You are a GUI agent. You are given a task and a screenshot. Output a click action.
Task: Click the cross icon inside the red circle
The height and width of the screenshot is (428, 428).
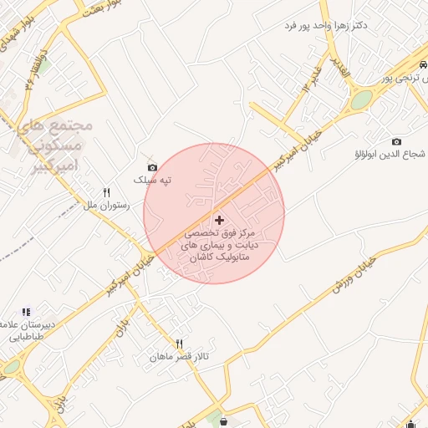tap(219, 220)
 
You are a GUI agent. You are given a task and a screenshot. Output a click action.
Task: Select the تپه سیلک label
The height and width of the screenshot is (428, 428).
tap(155, 181)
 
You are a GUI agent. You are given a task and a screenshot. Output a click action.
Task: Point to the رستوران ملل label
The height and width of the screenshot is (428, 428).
tap(104, 204)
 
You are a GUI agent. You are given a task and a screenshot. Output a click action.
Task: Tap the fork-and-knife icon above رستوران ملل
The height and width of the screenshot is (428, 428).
tap(106, 192)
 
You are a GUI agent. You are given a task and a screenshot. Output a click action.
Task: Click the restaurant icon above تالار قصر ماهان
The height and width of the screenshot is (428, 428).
tap(179, 344)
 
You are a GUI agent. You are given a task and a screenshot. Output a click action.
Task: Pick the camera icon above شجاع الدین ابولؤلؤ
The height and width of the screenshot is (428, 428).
tap(396, 141)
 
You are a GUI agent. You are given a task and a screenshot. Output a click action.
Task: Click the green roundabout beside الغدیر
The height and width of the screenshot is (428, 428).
tap(361, 99)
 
